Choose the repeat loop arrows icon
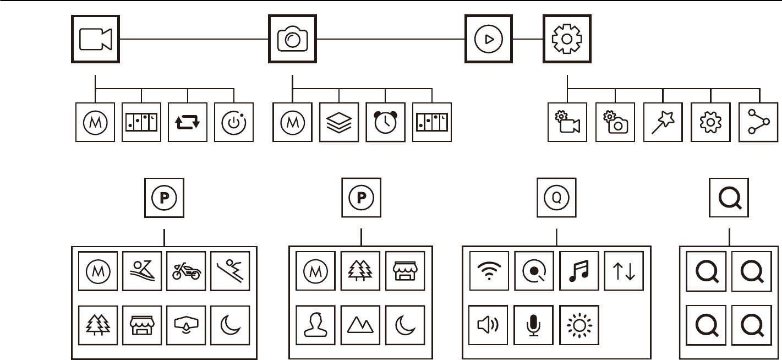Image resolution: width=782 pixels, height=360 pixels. (188, 122)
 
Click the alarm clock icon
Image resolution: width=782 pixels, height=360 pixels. (385, 122)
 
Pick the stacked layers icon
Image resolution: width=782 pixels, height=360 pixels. (339, 122)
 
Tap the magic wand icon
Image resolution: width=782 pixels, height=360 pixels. (663, 122)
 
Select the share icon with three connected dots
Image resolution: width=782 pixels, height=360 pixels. (758, 122)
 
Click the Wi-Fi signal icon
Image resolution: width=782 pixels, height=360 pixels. (489, 271)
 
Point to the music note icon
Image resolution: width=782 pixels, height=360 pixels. (579, 271)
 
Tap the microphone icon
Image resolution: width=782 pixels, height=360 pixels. (534, 325)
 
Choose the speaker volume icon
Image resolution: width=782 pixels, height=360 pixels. (488, 325)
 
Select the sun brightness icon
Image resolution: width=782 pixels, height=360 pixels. (579, 325)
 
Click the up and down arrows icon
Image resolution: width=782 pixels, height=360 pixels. (624, 271)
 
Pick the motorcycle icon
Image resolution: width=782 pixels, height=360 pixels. (186, 271)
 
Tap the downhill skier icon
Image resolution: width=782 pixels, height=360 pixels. (230, 271)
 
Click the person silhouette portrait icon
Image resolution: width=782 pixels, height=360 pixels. (315, 325)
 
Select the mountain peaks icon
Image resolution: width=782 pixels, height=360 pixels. (360, 325)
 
